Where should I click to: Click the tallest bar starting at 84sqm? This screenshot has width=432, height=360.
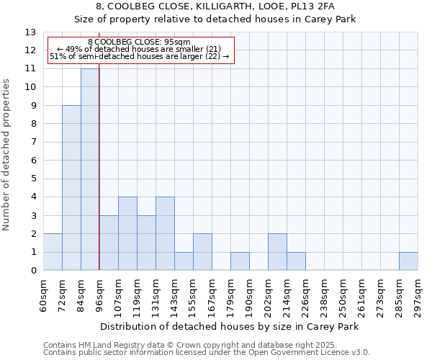click(90, 169)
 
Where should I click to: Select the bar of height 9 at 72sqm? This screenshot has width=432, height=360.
click(71, 188)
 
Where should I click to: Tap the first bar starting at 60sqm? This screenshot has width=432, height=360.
click(53, 252)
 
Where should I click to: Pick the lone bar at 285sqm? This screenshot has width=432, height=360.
click(408, 261)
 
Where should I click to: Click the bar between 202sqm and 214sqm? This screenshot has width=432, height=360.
click(277, 252)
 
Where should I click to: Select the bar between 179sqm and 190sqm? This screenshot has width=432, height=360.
click(240, 261)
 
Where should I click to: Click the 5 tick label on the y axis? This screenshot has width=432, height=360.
click(33, 179)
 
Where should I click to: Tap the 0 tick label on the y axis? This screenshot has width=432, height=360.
click(33, 271)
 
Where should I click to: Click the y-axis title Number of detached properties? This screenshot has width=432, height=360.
click(7, 156)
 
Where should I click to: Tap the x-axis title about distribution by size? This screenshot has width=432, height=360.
click(230, 326)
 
